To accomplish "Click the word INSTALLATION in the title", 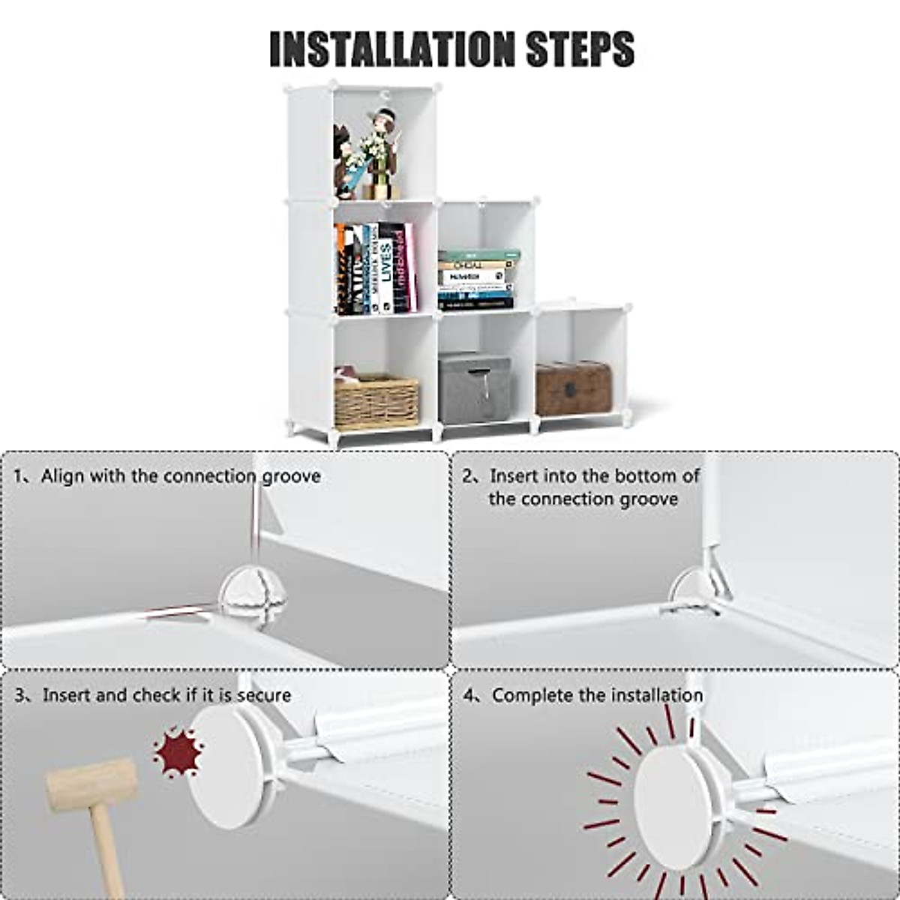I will click(392, 49).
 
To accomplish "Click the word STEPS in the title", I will click(580, 49).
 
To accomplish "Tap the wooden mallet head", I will click(91, 784).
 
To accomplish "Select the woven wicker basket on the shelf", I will click(376, 400).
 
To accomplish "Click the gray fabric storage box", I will click(475, 389).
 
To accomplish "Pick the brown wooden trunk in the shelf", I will click(573, 388).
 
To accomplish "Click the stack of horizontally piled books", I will click(478, 280).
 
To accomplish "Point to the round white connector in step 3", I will click(225, 766).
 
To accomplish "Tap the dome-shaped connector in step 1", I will click(251, 589).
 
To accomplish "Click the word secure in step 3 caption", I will click(264, 695).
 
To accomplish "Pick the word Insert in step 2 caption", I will click(514, 476).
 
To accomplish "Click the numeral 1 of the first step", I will click(19, 476).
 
